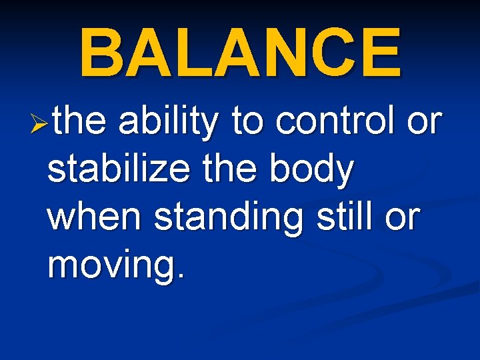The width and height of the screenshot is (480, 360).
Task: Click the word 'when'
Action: pyautogui.click(x=95, y=218)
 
